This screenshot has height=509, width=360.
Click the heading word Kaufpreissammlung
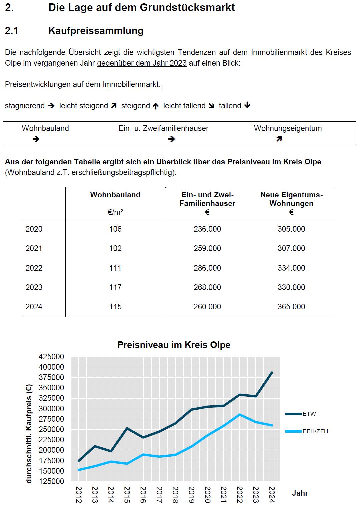[x=96, y=31]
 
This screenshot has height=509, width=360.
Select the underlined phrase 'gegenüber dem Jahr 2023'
[x=142, y=63]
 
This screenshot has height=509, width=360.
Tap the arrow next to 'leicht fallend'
[x=211, y=106]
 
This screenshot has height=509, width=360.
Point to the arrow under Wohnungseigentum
[x=279, y=139]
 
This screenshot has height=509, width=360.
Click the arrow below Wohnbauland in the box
[x=36, y=139]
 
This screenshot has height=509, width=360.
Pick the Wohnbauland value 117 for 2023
[x=115, y=287]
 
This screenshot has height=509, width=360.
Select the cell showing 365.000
[x=291, y=307]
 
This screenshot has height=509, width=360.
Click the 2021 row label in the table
[x=34, y=248]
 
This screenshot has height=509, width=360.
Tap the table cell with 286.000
[x=207, y=268]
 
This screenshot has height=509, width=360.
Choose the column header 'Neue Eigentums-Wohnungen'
[x=292, y=199]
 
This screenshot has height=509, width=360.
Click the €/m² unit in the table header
[x=115, y=212]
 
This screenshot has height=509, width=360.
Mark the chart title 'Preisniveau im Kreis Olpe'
[x=174, y=345]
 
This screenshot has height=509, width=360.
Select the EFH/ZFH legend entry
[x=307, y=431]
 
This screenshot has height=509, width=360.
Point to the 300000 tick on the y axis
[x=51, y=409]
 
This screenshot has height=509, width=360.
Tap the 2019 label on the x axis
[x=191, y=494]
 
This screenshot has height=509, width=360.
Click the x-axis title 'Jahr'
[x=300, y=493]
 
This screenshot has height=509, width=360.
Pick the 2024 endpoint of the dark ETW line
[x=272, y=373]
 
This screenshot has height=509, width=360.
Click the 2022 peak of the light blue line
[x=240, y=414]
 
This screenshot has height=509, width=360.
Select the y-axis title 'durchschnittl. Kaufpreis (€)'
[x=29, y=434]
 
